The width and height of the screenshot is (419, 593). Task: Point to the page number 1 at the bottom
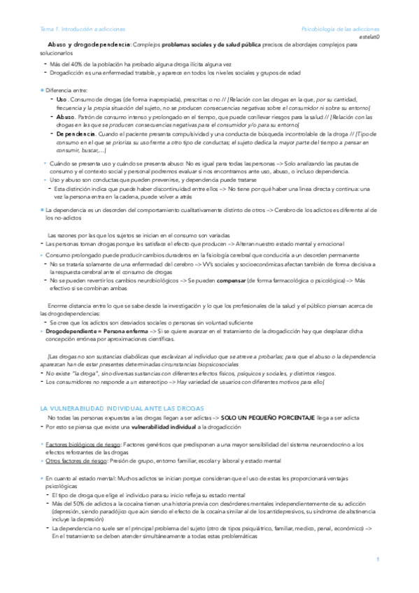coord(377,559)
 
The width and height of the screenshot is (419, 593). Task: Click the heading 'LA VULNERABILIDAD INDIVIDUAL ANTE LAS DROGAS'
coord(122,407)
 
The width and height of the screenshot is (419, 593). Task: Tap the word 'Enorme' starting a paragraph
coord(58,306)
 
